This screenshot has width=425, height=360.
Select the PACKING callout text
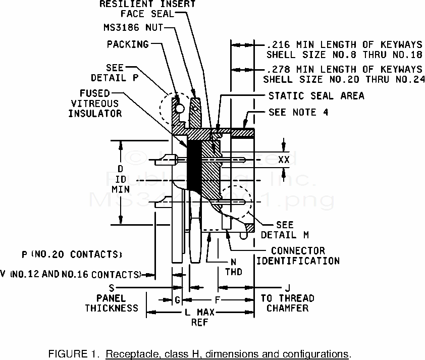tap(128, 44)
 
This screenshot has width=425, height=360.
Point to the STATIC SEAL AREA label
tap(316, 95)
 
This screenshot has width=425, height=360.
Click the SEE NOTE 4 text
tap(298, 112)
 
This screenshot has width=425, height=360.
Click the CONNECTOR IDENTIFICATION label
tap(298, 256)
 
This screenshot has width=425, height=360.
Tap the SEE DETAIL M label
tap(285, 230)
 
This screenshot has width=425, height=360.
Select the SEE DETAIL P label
tap(109, 73)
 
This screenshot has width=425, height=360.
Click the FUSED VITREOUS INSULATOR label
tap(95, 103)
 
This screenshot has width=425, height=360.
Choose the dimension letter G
tap(177, 300)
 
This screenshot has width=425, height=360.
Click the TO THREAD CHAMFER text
tap(287, 303)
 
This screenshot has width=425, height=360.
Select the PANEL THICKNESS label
tap(112, 303)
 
